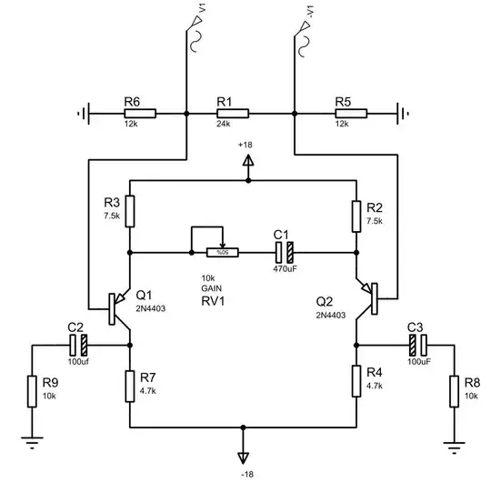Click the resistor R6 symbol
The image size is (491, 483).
click(x=140, y=114)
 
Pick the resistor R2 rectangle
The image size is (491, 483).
click(x=356, y=211)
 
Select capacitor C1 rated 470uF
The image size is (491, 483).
click(x=283, y=252)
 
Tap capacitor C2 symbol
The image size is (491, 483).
click(x=77, y=345)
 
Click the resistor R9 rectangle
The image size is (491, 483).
click(x=32, y=391)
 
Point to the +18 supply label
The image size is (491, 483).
click(x=245, y=146)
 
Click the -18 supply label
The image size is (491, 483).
click(x=243, y=475)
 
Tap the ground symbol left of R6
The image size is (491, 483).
click(x=84, y=114)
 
